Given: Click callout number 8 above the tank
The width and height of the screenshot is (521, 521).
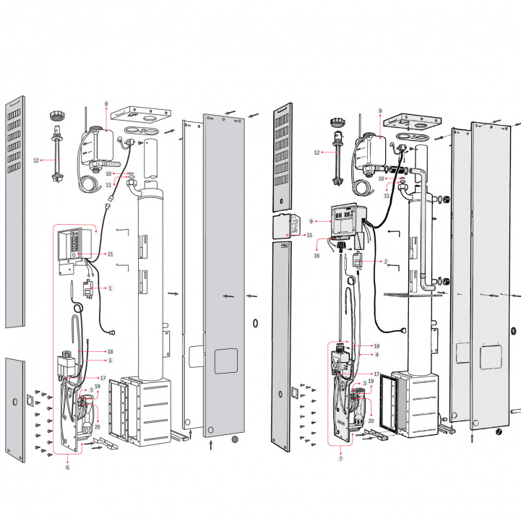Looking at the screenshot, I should pyautogui.click(x=106, y=105).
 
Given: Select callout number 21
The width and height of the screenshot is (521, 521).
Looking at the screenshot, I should pyautogui.click(x=110, y=254).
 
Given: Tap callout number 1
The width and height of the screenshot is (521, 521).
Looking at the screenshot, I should pyautogui.click(x=111, y=288).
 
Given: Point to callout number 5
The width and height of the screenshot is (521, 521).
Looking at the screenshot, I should pyautogui.click(x=111, y=360).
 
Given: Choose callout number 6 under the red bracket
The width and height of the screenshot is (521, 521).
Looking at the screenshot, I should pyautogui.click(x=68, y=468).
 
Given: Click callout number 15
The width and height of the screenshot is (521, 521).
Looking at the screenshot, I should pyautogui.click(x=310, y=235).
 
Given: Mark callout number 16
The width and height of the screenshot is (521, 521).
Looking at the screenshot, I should pyautogui.click(x=317, y=255).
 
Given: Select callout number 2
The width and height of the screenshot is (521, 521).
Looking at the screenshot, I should pyautogui.click(x=386, y=262).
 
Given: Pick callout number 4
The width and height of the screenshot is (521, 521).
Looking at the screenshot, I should pyautogui.click(x=376, y=355).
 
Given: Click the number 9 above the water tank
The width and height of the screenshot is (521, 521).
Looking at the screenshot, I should pyautogui.click(x=379, y=111).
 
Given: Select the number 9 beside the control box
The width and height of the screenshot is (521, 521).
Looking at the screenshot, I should pyautogui.click(x=310, y=220).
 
